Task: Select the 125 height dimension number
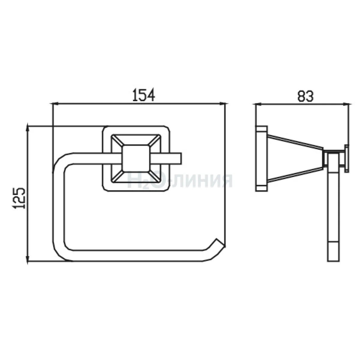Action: (x=19, y=198)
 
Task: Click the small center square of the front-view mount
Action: (x=136, y=158)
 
